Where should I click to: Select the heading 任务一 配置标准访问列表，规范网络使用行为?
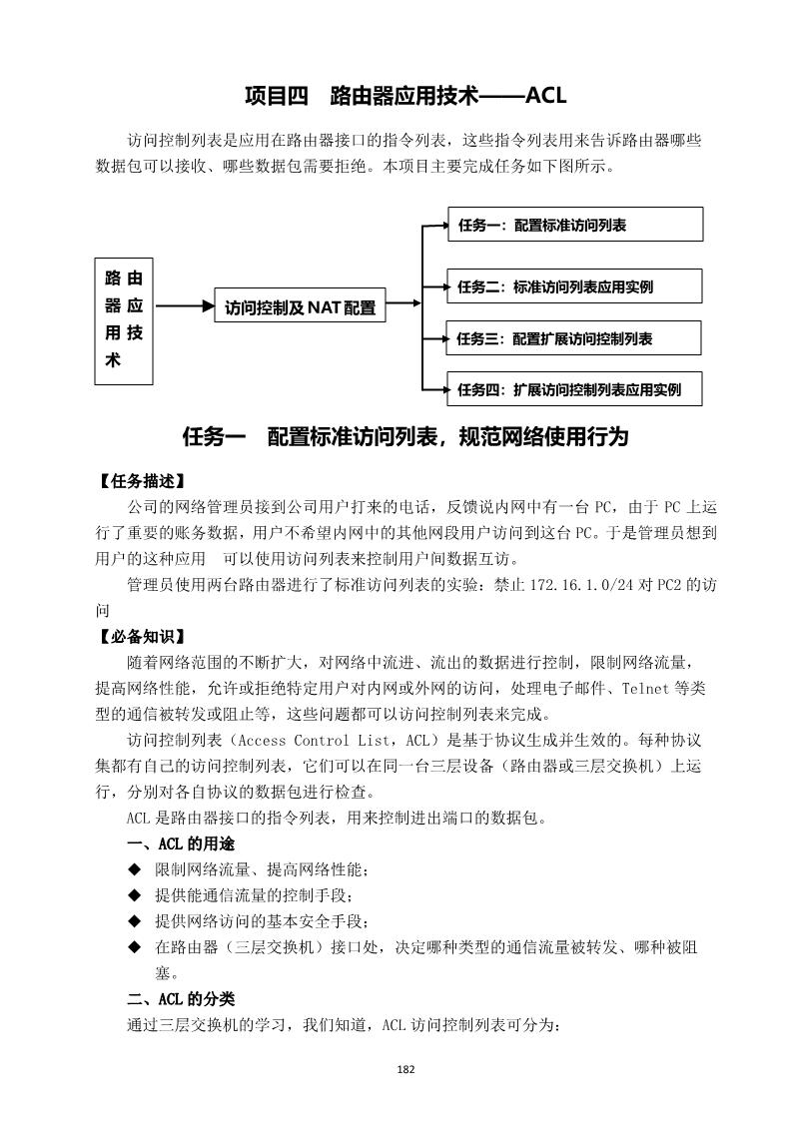(x=405, y=437)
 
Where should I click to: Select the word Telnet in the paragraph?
(x=647, y=690)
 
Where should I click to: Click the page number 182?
(x=405, y=1069)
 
